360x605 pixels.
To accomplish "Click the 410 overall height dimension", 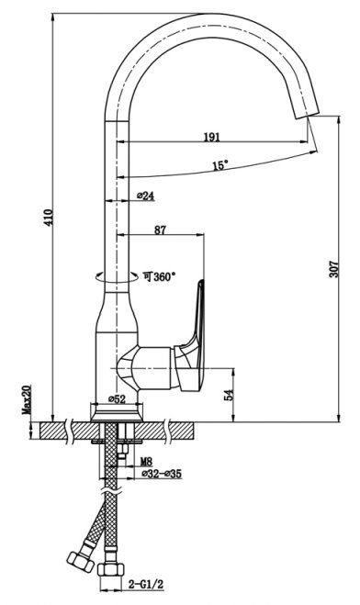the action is click(49, 218).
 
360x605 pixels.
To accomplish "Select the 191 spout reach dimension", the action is click(211, 137).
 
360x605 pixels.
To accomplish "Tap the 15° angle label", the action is click(220, 165).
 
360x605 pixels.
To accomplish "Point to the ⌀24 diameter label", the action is click(145, 196).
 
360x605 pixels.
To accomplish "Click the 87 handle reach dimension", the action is click(160, 230).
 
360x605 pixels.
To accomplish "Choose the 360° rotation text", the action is click(160, 276).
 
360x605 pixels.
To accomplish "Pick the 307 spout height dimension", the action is click(333, 269).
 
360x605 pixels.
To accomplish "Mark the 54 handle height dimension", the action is click(230, 395).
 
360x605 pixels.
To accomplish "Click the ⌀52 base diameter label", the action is click(117, 399).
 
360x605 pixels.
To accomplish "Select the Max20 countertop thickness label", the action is click(27, 399).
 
